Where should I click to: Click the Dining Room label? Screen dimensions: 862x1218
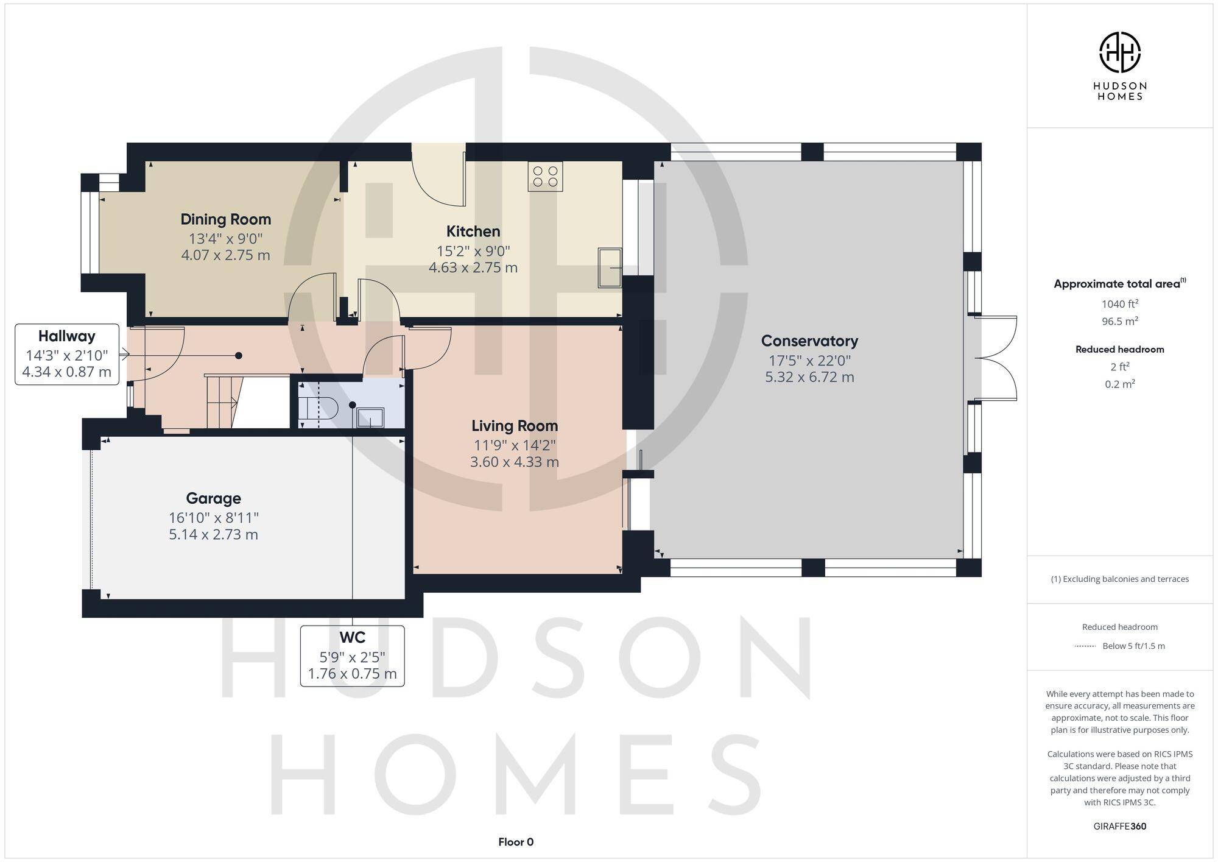tap(225, 219)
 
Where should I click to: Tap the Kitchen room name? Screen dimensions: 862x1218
tap(473, 231)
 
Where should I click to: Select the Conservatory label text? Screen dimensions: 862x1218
tap(809, 341)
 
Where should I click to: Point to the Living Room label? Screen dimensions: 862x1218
tap(515, 426)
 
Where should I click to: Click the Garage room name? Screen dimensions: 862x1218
tap(213, 498)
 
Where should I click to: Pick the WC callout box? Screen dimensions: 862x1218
tap(352, 655)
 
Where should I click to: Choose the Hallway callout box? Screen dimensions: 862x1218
tap(67, 354)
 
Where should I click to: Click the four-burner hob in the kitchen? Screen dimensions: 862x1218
tap(545, 175)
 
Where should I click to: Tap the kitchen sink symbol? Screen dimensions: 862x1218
tap(610, 267)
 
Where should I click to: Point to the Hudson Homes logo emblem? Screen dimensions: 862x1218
tap(1119, 52)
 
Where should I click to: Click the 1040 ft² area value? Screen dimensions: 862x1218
tap(1119, 303)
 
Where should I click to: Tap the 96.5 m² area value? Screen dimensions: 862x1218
tap(1119, 320)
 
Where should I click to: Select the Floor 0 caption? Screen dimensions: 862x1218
tap(516, 842)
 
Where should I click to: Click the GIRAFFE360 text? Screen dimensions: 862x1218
tap(1119, 826)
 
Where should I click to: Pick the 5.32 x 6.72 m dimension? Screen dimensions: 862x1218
tap(809, 377)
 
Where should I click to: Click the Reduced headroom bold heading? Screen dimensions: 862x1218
tap(1119, 349)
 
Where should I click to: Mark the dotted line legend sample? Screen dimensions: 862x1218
tap(1085, 646)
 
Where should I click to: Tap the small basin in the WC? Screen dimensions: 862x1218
tap(370, 417)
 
